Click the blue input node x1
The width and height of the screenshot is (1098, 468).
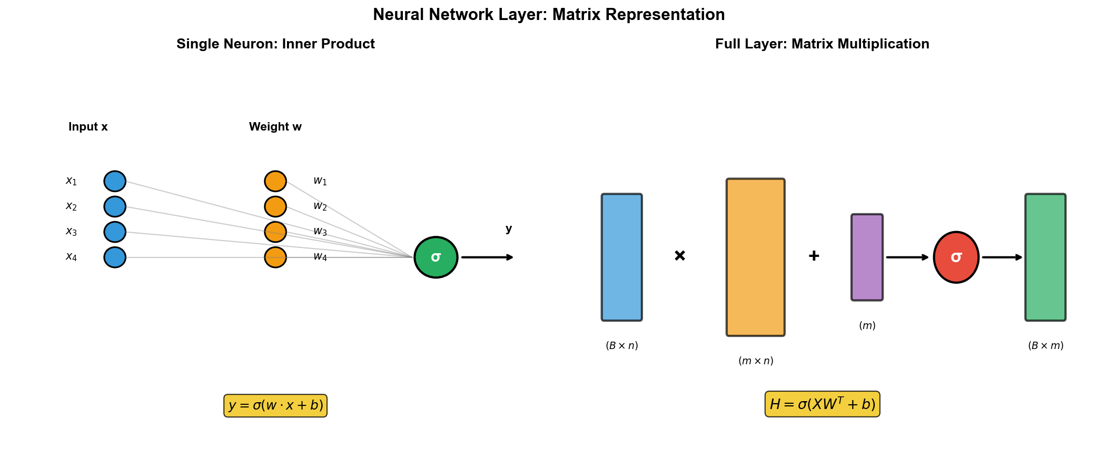point(115,181)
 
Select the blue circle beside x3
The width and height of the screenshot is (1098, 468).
point(115,232)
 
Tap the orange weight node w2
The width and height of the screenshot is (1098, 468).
point(275,207)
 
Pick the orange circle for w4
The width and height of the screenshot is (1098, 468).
point(275,257)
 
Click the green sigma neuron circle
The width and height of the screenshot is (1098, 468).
point(436,257)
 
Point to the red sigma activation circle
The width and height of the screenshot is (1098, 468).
point(956,257)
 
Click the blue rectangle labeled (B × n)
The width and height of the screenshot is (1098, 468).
point(622,257)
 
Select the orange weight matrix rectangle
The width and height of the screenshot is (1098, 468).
point(756,257)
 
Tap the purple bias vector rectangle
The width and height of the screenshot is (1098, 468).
point(867,257)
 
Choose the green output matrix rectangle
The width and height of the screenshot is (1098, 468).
point(1045,257)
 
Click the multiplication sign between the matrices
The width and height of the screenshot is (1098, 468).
point(680,256)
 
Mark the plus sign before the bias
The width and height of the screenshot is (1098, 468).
point(814,256)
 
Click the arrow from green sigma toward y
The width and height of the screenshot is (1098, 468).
point(487,257)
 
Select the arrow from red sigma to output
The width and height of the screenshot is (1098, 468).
point(1002,257)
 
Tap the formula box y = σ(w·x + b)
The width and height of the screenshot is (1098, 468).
point(275,406)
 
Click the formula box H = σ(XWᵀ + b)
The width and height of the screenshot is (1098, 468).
point(822,404)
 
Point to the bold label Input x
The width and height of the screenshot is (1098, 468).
point(88,127)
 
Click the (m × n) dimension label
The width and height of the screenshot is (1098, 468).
point(756,361)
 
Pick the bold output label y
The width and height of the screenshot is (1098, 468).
point(509,229)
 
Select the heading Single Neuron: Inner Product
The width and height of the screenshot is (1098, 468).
point(275,44)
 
